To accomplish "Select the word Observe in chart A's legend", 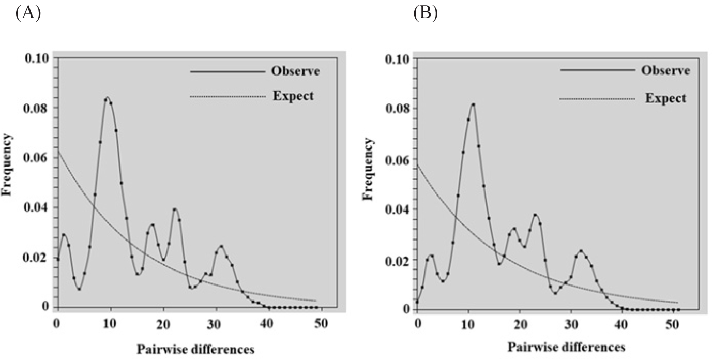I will [295, 71].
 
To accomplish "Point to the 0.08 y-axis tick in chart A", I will [37, 108].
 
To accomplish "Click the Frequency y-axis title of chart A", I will [9, 165].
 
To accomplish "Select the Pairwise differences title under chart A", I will [195, 349].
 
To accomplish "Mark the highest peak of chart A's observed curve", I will [107, 97].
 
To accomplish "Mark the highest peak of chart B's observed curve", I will [473, 104].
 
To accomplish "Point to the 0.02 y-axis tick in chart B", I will [398, 260].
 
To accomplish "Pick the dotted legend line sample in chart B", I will [597, 98].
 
